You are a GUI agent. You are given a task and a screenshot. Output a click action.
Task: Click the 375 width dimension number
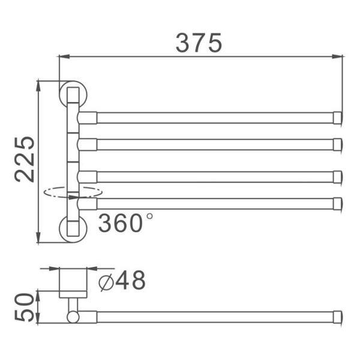199,43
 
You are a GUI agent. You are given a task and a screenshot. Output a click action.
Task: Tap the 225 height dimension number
25,160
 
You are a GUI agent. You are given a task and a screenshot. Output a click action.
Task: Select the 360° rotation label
125,223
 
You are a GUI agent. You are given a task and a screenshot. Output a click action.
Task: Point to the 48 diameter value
130,280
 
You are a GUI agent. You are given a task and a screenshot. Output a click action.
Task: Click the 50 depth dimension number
25,307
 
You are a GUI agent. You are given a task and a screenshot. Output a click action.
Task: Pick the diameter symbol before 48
106,281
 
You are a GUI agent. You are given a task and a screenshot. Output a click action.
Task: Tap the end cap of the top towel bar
338,118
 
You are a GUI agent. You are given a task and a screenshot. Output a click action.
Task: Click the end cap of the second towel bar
338,145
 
